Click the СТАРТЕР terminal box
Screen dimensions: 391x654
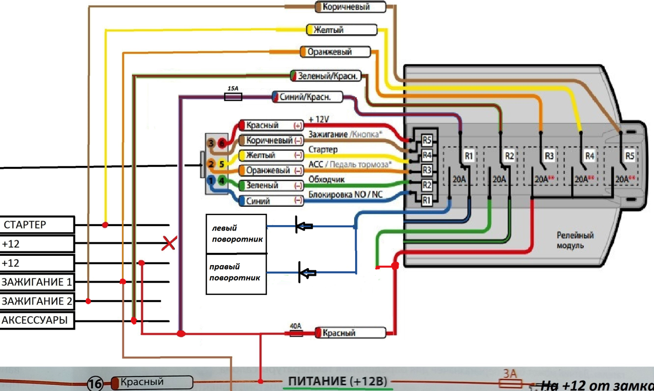pyautogui.click(x=37, y=225)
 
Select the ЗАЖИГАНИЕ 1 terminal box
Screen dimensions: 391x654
pyautogui.click(x=37, y=282)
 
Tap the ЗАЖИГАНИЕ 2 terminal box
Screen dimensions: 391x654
pyautogui.click(x=37, y=301)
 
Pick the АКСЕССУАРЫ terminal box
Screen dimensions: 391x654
pyautogui.click(x=37, y=320)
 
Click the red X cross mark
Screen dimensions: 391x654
pyautogui.click(x=169, y=243)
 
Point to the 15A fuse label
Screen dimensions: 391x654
pyautogui.click(x=233, y=89)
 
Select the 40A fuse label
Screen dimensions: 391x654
pyautogui.click(x=295, y=326)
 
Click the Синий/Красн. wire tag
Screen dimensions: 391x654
pyautogui.click(x=307, y=97)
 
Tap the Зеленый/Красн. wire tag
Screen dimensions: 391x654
pyautogui.click(x=326, y=76)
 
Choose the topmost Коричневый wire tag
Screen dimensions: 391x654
pyautogui.click(x=350, y=7)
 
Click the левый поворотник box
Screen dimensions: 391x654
pyautogui.click(x=237, y=234)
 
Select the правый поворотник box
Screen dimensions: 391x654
pyautogui.click(x=236, y=273)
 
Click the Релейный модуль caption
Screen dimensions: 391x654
pyautogui.click(x=575, y=240)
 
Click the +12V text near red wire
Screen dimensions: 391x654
pyautogui.click(x=319, y=119)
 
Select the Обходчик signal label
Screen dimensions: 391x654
pyautogui.click(x=327, y=179)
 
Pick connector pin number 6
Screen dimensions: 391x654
pyautogui.click(x=222, y=143)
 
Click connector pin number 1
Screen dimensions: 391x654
pyautogui.click(x=211, y=180)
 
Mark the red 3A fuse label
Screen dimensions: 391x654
pyautogui.click(x=510, y=374)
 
